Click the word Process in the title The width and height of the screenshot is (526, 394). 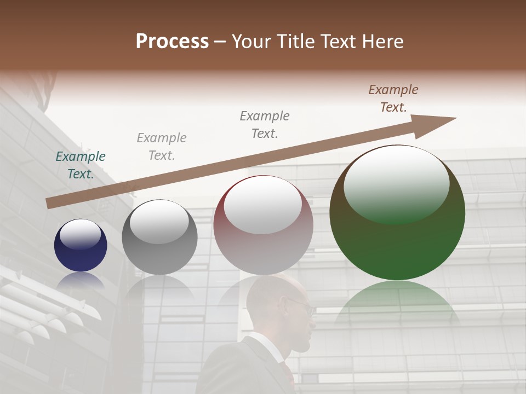tap(172, 42)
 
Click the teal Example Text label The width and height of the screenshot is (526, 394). tap(81, 165)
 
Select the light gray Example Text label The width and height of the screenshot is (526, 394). tap(162, 147)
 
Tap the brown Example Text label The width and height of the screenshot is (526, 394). tap(393, 99)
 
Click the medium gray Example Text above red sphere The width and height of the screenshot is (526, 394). tap(265, 125)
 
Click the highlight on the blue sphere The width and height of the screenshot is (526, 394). tap(80, 234)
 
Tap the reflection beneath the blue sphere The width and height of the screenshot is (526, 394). tap(81, 280)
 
